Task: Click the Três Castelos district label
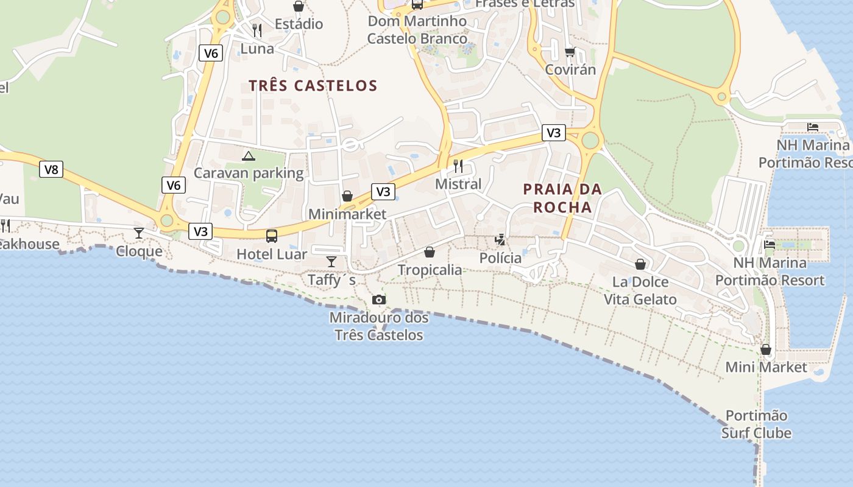313,86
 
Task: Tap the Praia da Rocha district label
562,198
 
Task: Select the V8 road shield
51,169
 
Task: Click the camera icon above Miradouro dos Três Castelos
378,300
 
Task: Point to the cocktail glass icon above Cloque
139,233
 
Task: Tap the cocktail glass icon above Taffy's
331,261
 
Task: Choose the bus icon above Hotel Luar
272,236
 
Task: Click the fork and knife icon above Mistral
458,166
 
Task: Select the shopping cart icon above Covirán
570,52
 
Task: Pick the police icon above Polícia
500,240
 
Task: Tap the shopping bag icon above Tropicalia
430,251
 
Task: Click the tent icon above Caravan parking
248,156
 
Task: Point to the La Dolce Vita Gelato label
640,290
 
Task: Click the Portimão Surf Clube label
756,424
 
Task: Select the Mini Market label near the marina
766,367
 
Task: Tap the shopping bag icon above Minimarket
347,196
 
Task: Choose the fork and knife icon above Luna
257,30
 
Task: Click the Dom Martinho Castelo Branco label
417,30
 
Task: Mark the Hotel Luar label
272,254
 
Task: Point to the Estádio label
299,24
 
